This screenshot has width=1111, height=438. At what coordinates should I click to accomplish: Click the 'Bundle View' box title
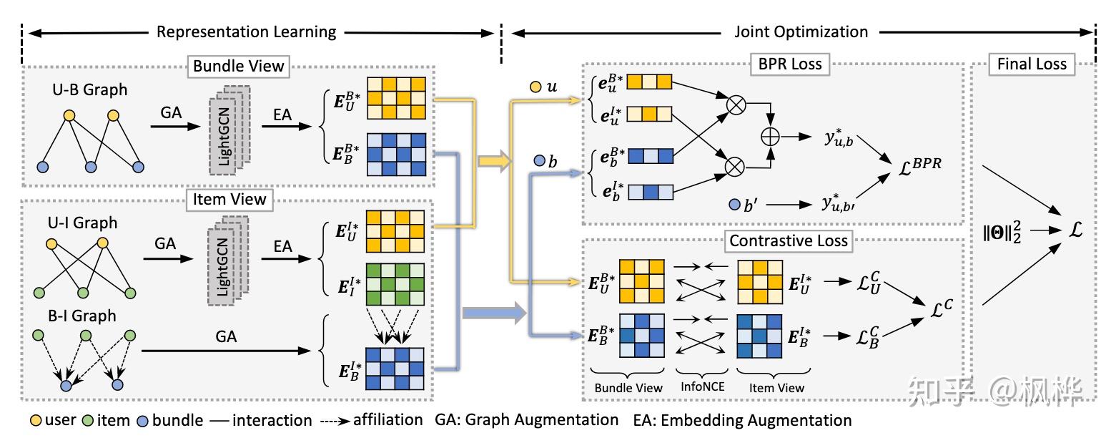click(x=238, y=67)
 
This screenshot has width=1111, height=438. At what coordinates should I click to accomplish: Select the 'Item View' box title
click(x=229, y=199)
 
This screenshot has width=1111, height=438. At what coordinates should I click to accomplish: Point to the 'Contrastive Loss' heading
click(x=789, y=240)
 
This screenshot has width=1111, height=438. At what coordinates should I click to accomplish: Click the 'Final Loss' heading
click(x=1032, y=64)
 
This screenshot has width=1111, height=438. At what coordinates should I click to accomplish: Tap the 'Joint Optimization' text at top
click(x=801, y=31)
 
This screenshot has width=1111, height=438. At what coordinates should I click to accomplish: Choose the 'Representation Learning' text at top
click(x=246, y=31)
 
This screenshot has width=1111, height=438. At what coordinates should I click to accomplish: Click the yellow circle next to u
click(x=535, y=87)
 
